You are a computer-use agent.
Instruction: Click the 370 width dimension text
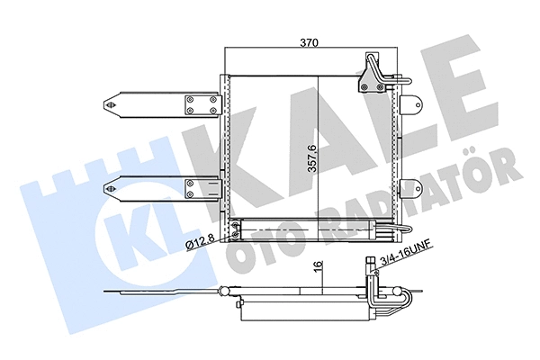point(311,41)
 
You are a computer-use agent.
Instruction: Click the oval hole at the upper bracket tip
point(113,104)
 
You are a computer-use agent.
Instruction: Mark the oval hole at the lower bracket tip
point(113,188)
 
